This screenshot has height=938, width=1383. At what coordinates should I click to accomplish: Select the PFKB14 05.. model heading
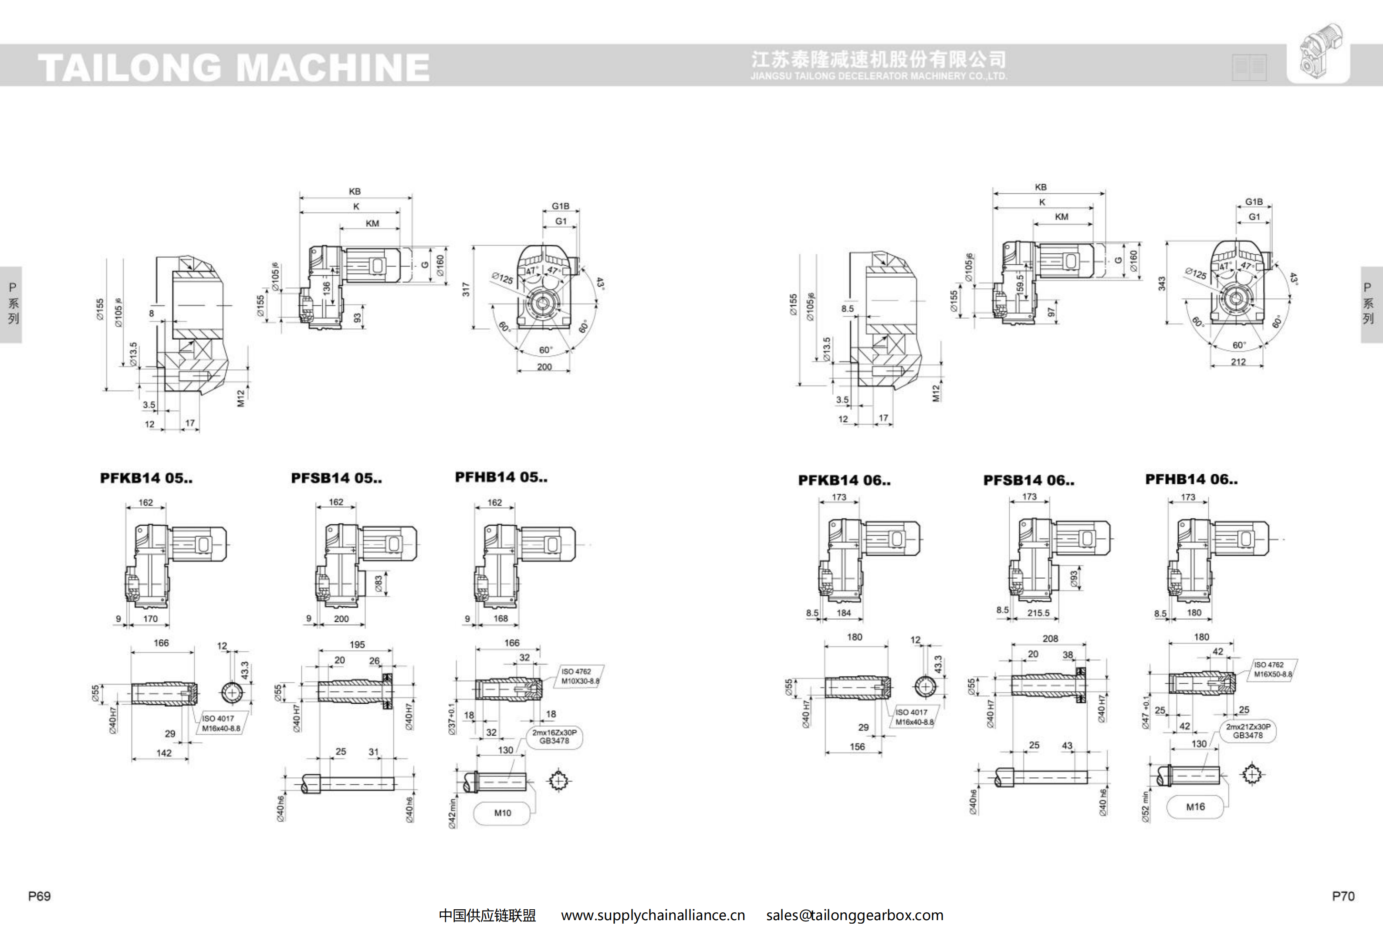(x=146, y=478)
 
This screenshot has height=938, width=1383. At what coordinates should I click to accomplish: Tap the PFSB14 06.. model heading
(x=1028, y=480)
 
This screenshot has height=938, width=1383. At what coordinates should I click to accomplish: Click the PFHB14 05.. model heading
(x=501, y=477)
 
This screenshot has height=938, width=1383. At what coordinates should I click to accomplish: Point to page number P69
(x=39, y=896)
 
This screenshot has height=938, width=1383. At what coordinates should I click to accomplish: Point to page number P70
(x=1342, y=896)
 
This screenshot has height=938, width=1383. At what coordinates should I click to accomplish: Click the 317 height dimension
(x=465, y=289)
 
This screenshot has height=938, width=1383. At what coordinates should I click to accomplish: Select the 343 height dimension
(x=1161, y=284)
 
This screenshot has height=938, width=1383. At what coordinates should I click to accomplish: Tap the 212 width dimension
(x=1238, y=361)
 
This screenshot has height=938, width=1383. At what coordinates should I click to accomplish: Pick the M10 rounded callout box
(x=502, y=813)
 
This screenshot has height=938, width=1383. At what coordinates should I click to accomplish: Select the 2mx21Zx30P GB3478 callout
(x=1248, y=731)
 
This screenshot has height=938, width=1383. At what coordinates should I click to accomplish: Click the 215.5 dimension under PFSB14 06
(x=1038, y=613)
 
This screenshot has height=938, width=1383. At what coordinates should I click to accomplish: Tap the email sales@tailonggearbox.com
(x=855, y=915)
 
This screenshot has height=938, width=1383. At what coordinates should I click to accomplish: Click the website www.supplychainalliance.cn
(x=653, y=915)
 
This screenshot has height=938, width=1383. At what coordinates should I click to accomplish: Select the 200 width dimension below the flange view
(x=544, y=367)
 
